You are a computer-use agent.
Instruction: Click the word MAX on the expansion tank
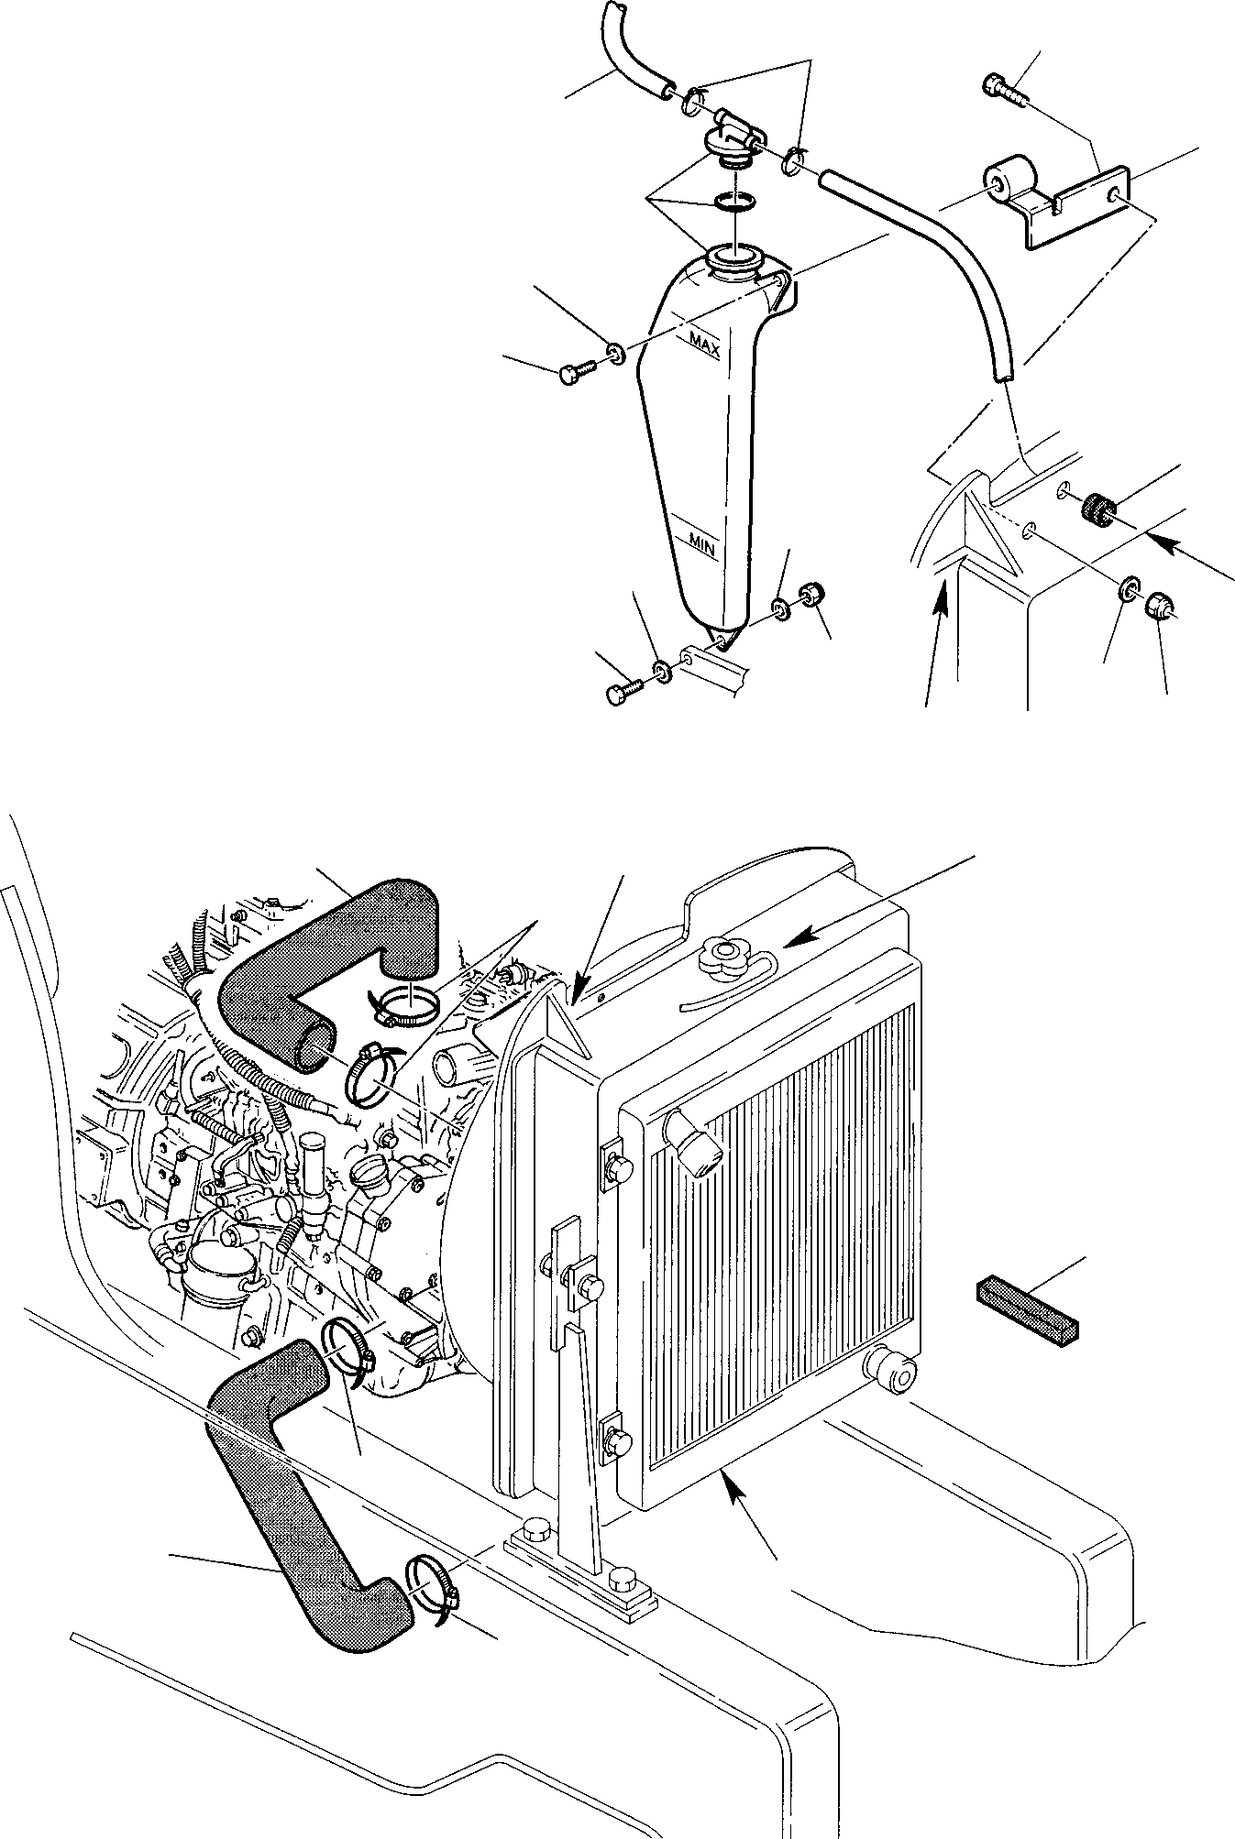(x=704, y=346)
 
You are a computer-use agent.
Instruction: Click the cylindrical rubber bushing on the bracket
(x=1009, y=187)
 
